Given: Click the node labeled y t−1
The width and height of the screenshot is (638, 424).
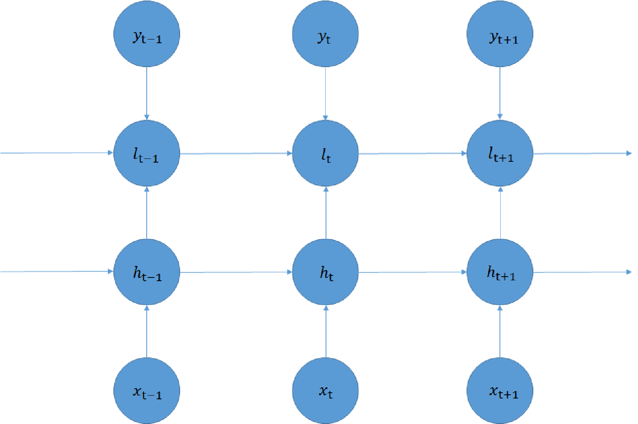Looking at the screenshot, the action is tap(147, 34).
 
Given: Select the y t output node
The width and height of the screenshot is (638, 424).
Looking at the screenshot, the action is tap(325, 34).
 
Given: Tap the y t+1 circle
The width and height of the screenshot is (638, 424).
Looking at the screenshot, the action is tap(500, 34).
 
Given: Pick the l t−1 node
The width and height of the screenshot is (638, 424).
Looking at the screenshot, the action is tap(147, 153).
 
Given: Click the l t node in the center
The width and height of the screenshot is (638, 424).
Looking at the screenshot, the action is tap(325, 153).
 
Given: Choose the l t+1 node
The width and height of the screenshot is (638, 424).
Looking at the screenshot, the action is tap(500, 153).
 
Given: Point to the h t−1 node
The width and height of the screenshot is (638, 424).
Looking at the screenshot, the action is tap(147, 272).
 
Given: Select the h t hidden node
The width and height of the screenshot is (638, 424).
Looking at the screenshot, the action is tap(325, 272).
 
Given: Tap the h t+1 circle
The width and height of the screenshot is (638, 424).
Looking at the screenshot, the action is tap(500, 272).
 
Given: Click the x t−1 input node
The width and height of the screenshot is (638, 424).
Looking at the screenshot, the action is tap(147, 391).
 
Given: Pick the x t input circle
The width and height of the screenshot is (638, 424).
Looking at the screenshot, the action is tap(325, 391).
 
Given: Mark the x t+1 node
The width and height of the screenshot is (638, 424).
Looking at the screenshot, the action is tap(500, 391).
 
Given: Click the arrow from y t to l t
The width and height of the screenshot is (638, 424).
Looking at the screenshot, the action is tap(325, 93).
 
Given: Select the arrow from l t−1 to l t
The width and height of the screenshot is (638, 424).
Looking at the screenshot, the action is tap(236, 154).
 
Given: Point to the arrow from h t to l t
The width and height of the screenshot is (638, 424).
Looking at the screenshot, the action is tap(326, 212).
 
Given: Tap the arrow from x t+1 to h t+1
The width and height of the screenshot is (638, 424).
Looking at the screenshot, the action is tap(500, 331).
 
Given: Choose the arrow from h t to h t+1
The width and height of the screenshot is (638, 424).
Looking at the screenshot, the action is tap(413, 272).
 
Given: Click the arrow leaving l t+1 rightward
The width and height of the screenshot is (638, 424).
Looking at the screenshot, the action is tap(582, 154).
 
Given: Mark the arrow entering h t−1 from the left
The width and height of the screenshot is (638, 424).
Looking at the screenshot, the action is tap(57, 271).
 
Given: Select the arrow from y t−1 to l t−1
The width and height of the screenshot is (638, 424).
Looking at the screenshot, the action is tap(147, 93).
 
